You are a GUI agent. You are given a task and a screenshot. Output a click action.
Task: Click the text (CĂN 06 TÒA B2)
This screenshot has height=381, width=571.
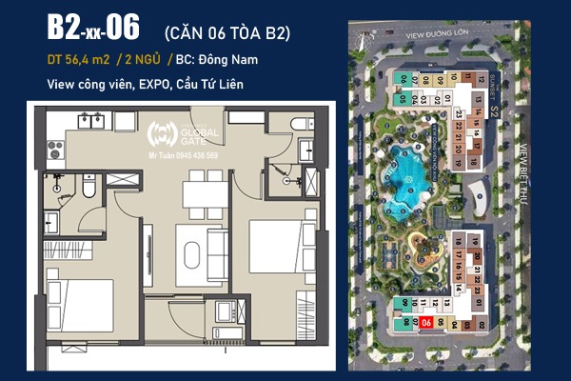[227, 33]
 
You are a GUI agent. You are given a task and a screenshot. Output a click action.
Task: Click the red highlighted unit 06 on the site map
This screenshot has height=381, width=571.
[425, 323]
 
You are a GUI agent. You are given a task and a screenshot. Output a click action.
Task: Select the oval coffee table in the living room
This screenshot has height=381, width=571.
[191, 254]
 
